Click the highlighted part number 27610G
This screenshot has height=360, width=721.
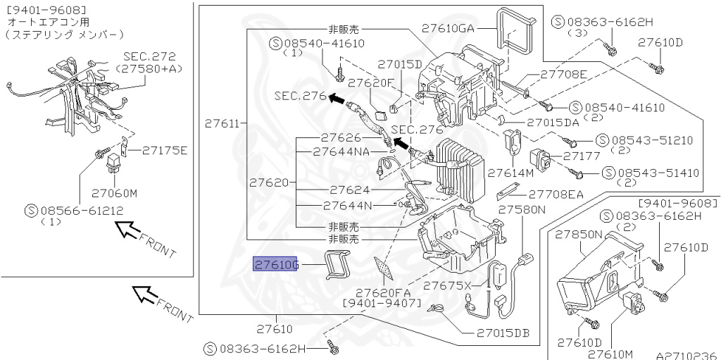pos(277,265)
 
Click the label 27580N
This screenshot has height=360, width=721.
pos(522,209)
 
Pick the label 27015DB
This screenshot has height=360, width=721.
pos(501,333)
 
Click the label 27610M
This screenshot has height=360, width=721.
pos(610,354)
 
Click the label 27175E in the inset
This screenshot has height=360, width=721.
pos(164,150)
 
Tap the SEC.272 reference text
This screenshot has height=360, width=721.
pos(149,56)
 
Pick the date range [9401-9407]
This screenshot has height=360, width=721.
pos(382,304)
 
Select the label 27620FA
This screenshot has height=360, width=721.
pos(382,292)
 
